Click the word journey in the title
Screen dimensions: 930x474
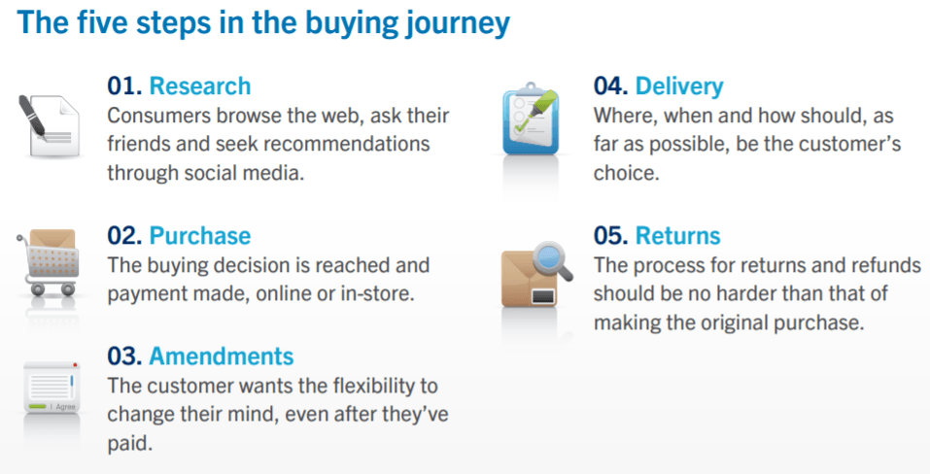tap(458, 24)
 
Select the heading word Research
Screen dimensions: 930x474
tap(200, 86)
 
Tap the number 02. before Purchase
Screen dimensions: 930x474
tap(124, 236)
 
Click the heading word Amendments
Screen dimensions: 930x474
tap(222, 356)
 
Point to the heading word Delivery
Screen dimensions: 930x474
tap(679, 87)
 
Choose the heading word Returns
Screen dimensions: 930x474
tap(678, 236)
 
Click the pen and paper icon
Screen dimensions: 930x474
tap(48, 126)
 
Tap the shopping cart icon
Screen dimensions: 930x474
tap(48, 262)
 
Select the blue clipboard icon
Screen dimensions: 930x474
tap(531, 119)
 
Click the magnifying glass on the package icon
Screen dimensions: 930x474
tap(552, 261)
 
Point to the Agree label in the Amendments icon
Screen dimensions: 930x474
tap(65, 406)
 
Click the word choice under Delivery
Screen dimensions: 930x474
tap(627, 173)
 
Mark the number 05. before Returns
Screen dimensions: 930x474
tap(611, 236)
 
